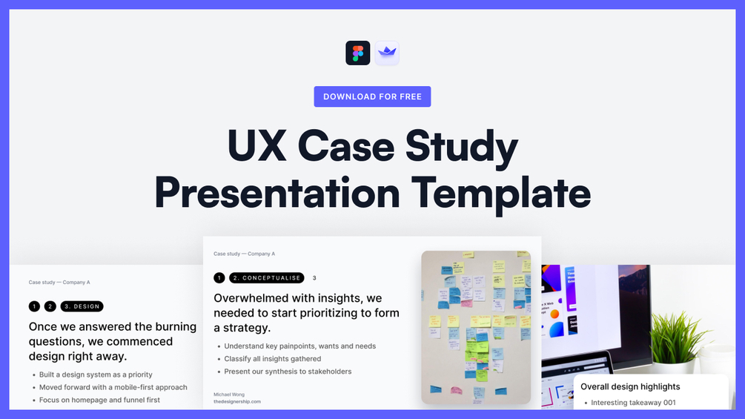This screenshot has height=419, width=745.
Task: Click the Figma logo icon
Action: point(358,53)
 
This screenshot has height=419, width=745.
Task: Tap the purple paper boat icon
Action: point(387,53)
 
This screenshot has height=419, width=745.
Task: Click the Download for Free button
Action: point(372,96)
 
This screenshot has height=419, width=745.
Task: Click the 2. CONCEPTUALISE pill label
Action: point(266,278)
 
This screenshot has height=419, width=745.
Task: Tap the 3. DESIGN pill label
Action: point(82,306)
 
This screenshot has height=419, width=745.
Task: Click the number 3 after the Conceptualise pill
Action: point(314,278)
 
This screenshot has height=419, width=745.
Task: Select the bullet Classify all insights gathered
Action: point(273,359)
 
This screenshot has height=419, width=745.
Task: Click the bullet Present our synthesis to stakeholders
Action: point(288,372)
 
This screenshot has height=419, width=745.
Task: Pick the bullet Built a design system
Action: point(96,375)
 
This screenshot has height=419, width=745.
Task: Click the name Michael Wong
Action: point(228,395)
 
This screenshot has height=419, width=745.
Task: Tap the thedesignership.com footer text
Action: point(237,401)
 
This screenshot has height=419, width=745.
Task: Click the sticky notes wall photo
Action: point(476,327)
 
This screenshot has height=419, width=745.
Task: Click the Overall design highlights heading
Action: point(630,386)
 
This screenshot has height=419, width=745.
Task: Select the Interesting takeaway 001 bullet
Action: point(633,403)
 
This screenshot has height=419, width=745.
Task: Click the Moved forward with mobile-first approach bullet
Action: point(113,387)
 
